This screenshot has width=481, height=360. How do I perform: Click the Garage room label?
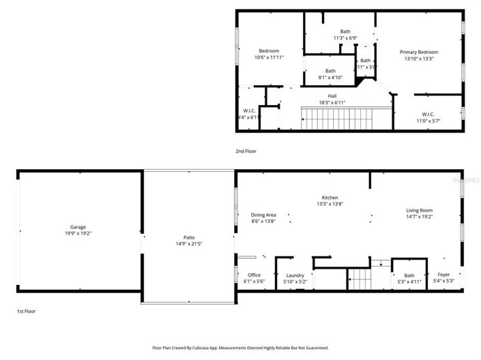click(78, 227)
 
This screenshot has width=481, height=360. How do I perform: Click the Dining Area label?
click(263, 215)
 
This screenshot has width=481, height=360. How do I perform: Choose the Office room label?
click(254, 275)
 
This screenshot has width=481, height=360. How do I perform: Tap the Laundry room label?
click(295, 275)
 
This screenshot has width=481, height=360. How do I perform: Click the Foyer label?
click(444, 275)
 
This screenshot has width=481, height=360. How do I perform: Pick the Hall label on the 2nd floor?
click(332, 96)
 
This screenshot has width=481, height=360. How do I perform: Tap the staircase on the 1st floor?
click(359, 280)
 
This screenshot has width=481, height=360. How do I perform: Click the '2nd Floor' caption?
click(246, 151)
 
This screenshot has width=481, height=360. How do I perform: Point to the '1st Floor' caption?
click(26, 311)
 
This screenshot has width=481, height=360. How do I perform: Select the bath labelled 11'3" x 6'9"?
click(345, 37)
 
